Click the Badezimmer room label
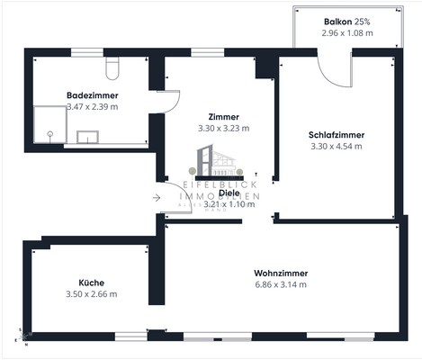click(93, 94)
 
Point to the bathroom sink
click(88, 137)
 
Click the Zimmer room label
click(222, 117)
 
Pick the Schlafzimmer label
click(337, 135)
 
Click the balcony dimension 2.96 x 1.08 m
click(346, 32)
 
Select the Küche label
click(91, 282)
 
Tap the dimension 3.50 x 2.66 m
click(91, 293)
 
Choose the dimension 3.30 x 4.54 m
click(337, 146)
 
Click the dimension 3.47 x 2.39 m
click(93, 106)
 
